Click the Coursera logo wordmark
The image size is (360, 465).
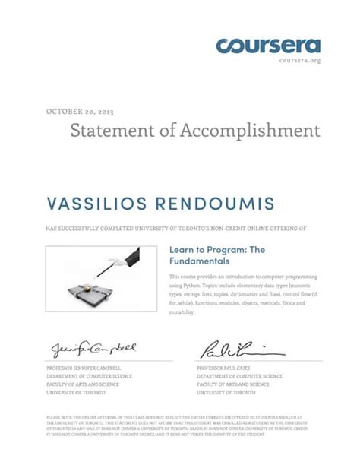pos(268,46)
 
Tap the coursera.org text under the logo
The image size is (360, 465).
pos(300,60)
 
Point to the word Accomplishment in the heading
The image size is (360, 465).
pos(250,131)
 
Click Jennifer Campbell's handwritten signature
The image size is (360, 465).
pos(93,349)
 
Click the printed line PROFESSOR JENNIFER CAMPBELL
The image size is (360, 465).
pos(85,368)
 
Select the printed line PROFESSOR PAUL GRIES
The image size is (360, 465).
pos(226,368)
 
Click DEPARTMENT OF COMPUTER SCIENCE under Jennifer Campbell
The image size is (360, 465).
pos(89,376)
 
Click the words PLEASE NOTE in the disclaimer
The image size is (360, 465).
pos(58,417)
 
